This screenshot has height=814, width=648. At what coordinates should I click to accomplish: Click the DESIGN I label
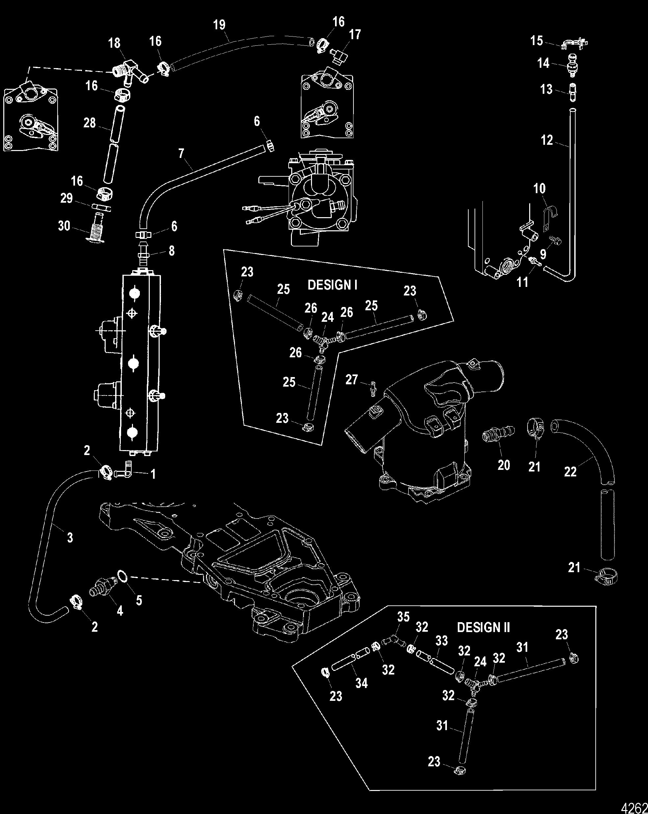coord(332,285)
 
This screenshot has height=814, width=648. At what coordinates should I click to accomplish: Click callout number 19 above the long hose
coord(219,25)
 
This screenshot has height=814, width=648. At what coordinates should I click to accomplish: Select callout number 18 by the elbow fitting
coord(115,43)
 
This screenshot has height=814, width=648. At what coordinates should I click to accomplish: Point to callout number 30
coord(64,226)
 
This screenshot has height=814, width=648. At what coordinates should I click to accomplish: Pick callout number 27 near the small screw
coord(351,379)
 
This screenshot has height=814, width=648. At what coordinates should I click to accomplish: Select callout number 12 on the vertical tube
coord(547,140)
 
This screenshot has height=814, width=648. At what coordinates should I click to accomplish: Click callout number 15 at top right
coord(537,40)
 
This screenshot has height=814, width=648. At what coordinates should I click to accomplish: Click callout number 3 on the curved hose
coord(70,537)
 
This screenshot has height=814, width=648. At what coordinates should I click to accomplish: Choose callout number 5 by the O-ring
coord(139,600)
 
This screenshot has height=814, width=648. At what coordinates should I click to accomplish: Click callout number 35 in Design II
coord(403,617)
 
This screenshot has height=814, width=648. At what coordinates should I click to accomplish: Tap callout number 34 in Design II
coord(361,683)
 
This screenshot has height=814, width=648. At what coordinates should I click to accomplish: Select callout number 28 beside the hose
coord(90,123)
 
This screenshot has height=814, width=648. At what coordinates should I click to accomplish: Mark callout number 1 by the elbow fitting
coord(153,474)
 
